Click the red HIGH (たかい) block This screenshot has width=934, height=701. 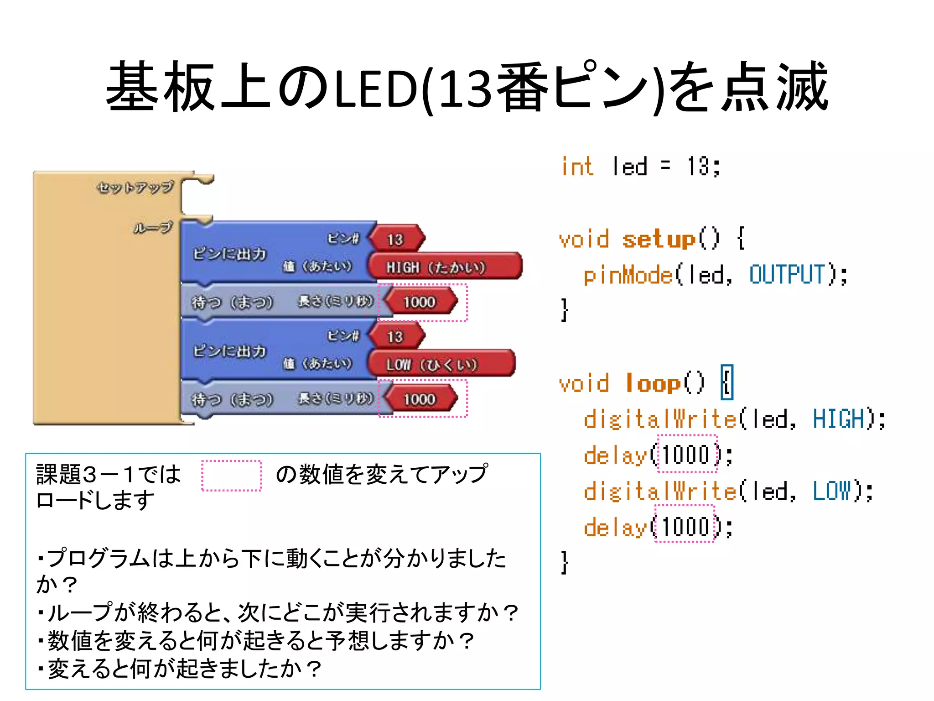[x=444, y=267]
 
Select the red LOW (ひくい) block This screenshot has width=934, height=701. [x=441, y=364]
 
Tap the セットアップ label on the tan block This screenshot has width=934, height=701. [x=135, y=187]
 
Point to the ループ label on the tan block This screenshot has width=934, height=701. [x=153, y=227]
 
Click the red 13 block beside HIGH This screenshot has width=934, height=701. [x=396, y=239]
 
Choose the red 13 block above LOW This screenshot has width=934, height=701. [x=396, y=337]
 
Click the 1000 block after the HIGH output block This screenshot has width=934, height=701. [x=420, y=302]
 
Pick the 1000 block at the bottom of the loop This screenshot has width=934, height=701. [x=420, y=399]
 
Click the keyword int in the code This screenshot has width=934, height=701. [x=577, y=167]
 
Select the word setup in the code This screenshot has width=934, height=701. [x=659, y=239]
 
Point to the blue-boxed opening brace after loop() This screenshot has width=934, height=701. [x=727, y=382]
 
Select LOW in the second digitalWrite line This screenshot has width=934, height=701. [x=832, y=492]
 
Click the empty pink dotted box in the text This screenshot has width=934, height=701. [x=232, y=476]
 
